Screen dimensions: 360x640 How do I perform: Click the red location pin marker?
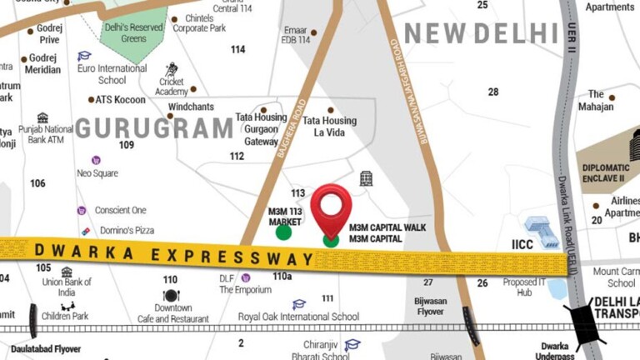click(x=331, y=207)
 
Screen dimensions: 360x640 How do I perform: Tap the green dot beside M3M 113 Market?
click(x=284, y=232)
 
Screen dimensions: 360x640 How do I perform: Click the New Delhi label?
click(x=481, y=33)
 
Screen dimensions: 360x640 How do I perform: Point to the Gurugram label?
click(x=154, y=128)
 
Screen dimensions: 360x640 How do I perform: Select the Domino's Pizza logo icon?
click(x=84, y=230)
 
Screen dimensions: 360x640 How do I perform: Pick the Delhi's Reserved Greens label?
click(x=133, y=32)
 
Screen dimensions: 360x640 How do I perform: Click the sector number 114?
click(x=238, y=50)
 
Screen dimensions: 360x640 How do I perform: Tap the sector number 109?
click(x=127, y=145)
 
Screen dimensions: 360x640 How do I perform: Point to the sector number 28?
click(x=493, y=92)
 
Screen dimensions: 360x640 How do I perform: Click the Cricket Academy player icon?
click(x=172, y=69)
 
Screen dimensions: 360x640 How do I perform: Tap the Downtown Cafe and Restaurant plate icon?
click(x=172, y=295)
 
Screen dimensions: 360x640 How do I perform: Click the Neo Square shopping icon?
click(x=96, y=160)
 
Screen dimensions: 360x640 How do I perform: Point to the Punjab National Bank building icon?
click(x=42, y=117)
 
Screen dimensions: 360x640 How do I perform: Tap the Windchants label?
click(x=191, y=107)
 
